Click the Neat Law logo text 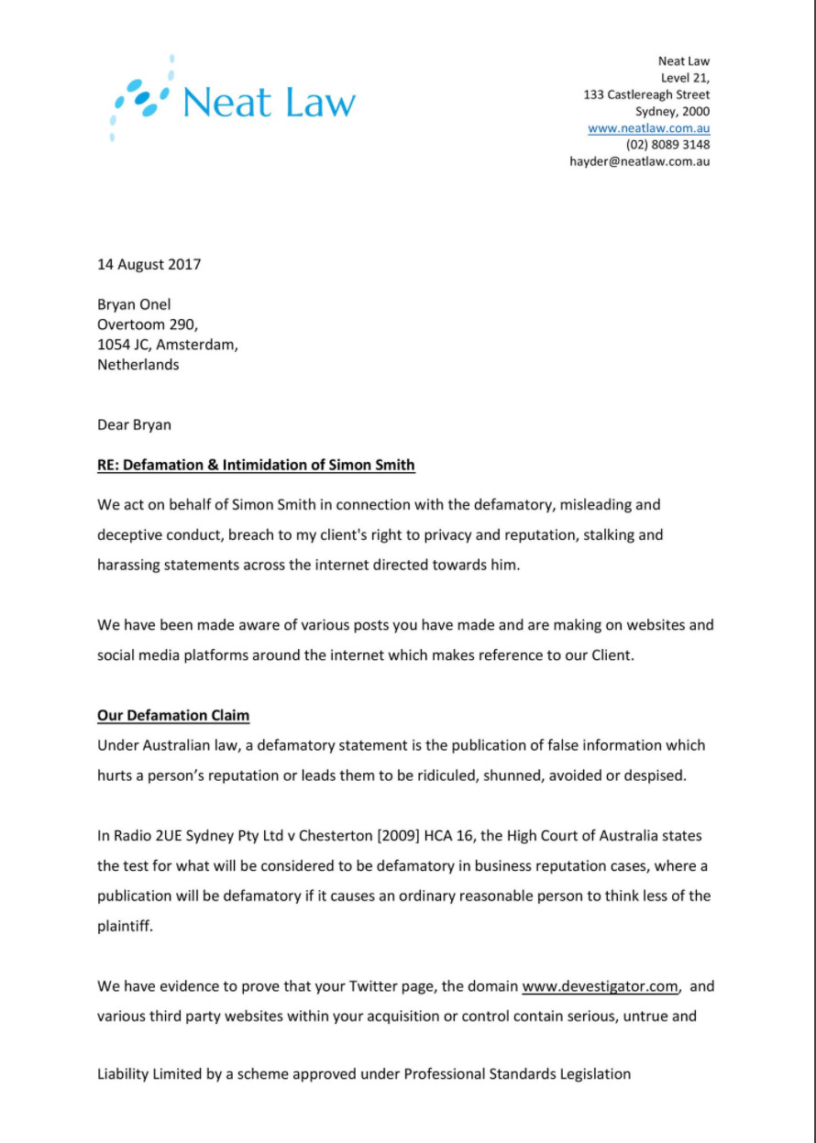tap(269, 102)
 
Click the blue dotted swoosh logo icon tap(140, 99)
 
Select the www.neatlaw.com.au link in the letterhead tap(648, 128)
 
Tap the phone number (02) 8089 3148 tap(667, 145)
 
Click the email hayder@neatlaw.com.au tap(640, 161)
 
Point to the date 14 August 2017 tap(149, 265)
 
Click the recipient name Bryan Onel tap(134, 304)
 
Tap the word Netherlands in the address tap(138, 365)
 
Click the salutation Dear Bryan tap(134, 425)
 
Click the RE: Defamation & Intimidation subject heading tap(256, 466)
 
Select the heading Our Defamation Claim tap(173, 715)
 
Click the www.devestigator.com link tap(600, 987)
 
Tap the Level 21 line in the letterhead tap(685, 78)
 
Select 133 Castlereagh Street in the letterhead tap(646, 94)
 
